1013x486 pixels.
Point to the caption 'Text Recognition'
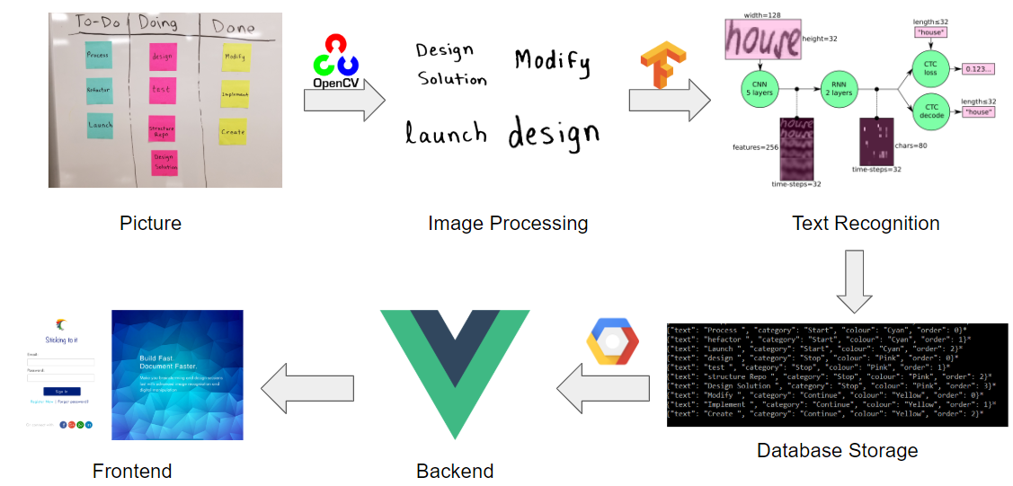866,223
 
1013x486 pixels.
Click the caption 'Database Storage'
837,450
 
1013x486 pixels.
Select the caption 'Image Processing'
508,223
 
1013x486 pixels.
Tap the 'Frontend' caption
131,470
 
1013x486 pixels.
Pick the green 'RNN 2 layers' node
840,90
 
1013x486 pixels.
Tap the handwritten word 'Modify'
552,61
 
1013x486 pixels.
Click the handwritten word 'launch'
446,135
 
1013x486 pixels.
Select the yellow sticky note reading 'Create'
233,131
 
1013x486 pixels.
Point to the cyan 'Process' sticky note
98,55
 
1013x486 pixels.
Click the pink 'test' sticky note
161,90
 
